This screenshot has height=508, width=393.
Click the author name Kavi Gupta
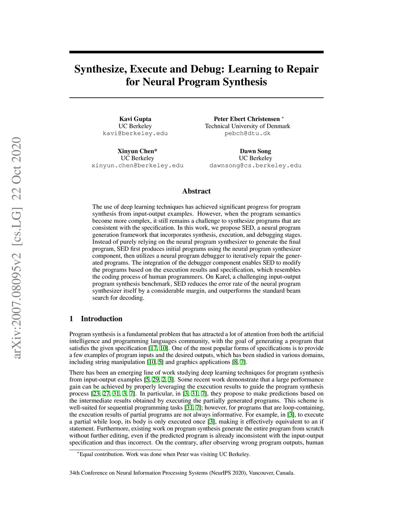pos(135,119)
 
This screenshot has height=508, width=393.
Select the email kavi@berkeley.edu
pos(135,133)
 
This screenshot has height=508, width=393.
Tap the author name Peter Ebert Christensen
pos(247,119)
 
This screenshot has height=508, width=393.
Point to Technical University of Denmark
pos(248,126)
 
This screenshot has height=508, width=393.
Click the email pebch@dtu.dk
pos(248,133)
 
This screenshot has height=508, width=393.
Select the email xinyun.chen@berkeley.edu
pos(137,166)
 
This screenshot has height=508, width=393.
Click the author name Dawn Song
pos(255,151)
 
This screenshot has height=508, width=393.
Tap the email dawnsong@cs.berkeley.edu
pos(255,166)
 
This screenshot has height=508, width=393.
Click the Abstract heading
pos(196,191)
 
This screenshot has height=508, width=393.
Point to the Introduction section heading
pos(101,319)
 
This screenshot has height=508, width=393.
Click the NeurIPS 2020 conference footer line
pos(182,473)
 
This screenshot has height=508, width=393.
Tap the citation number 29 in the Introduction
pos(155,380)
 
